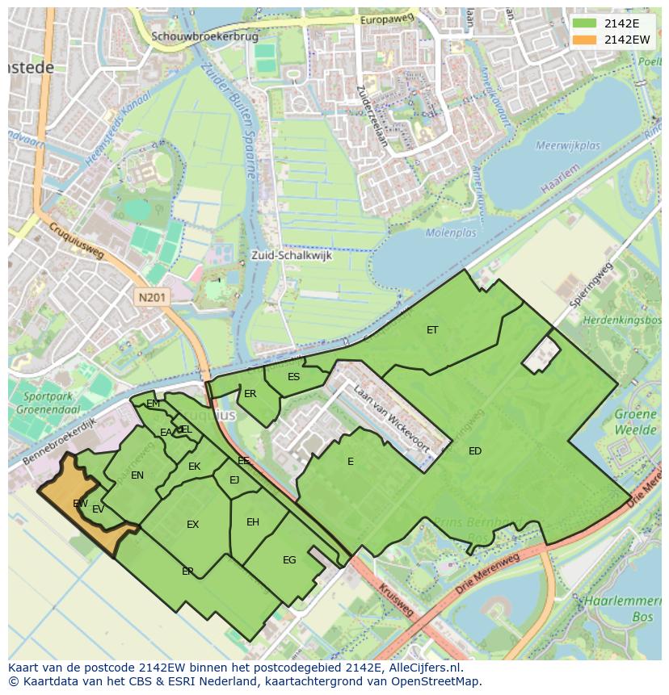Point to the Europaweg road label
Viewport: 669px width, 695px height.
coord(388,19)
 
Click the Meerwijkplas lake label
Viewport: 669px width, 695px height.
coord(567,145)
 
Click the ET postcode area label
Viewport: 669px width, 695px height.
coord(432,329)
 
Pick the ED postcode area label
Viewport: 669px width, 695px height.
coord(475,451)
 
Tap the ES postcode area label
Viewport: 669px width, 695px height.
coord(294,377)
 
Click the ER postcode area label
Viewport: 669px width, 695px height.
coord(250,394)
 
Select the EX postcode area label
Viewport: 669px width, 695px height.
coord(192,525)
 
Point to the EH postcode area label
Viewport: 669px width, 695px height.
coord(253,522)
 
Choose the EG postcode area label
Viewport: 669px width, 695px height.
coord(289,560)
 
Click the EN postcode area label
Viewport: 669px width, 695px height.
coord(137,475)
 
